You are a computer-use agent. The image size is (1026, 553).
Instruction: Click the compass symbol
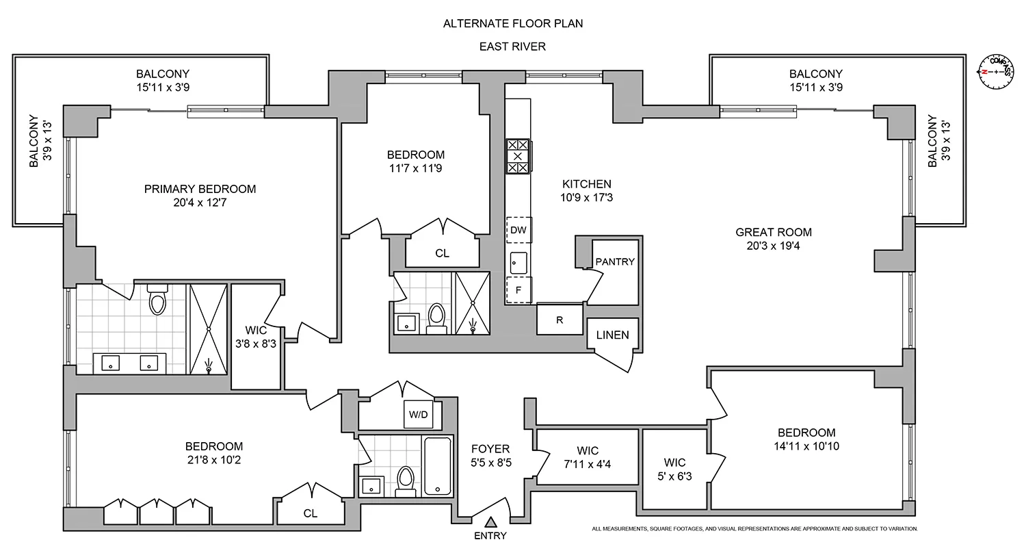(996, 71)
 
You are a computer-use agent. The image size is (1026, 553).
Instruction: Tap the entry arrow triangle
(490, 523)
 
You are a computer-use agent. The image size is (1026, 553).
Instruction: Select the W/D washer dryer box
(417, 413)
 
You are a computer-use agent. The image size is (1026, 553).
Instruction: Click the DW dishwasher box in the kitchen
(518, 230)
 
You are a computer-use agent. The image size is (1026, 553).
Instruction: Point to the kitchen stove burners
(518, 156)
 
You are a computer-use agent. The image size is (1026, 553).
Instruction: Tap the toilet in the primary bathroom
(157, 301)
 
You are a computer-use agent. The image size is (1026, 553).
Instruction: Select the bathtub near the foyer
(437, 466)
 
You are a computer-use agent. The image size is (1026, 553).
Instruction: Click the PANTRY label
(615, 261)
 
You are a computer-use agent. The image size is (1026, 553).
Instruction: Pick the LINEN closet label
(612, 335)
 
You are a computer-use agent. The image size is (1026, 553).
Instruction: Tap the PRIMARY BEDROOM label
(200, 189)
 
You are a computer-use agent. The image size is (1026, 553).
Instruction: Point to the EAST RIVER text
(512, 47)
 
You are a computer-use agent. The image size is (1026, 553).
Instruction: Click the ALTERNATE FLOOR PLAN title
(512, 23)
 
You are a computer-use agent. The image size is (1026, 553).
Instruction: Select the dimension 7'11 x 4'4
(588, 463)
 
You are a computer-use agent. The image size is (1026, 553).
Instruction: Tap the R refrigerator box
(559, 320)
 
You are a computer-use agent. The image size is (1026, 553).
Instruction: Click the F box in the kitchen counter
(518, 290)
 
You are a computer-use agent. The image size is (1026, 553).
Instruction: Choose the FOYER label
(490, 449)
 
